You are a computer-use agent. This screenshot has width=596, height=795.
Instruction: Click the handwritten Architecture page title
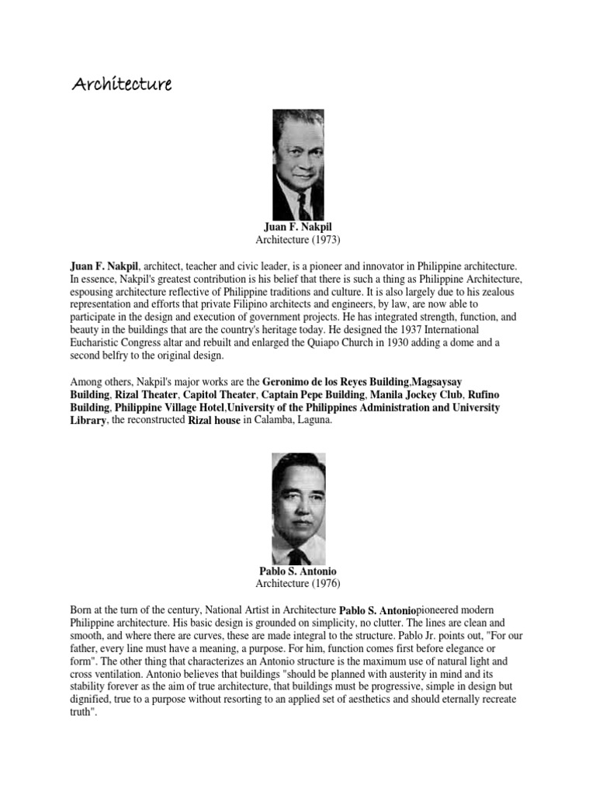[x=121, y=83]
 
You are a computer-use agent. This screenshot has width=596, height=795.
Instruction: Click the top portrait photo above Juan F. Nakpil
[x=298, y=164]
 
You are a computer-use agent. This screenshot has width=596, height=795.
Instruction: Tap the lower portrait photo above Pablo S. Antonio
[x=298, y=509]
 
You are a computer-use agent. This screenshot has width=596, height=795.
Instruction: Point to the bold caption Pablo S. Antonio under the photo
[x=297, y=571]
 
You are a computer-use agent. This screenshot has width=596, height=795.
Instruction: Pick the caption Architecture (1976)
[x=297, y=584]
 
